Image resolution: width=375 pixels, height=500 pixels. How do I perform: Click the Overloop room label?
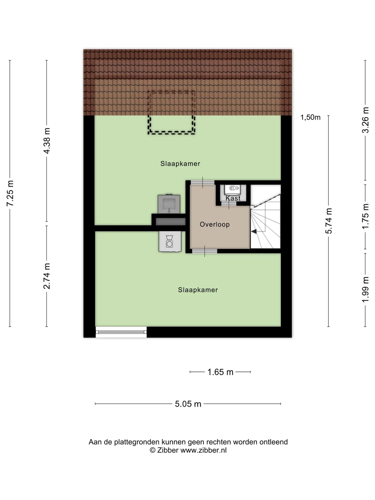215,224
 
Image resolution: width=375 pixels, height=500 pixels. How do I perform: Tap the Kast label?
233,198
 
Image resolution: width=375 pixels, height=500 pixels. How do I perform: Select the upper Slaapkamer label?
180,164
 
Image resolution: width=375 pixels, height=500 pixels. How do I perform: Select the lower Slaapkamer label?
198,290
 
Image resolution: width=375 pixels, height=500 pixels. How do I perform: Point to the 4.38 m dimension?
47,141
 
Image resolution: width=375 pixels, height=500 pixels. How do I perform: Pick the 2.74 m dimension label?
47,276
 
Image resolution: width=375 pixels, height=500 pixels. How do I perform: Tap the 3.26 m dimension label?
365,120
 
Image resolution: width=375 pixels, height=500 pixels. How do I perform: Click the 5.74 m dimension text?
329,221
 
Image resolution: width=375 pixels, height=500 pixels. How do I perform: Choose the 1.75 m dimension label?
365,216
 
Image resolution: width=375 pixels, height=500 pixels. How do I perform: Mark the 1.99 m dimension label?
365,290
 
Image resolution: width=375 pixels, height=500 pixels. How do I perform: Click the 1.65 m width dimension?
220,372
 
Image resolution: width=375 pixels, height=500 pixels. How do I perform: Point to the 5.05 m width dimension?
188,404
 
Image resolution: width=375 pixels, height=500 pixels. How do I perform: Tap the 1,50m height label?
310,117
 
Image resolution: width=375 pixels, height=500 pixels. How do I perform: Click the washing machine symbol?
170,241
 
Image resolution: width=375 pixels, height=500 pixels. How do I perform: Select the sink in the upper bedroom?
169,204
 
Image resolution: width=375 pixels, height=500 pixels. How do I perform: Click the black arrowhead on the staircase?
254,231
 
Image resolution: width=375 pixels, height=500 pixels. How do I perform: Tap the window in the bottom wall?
121,332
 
